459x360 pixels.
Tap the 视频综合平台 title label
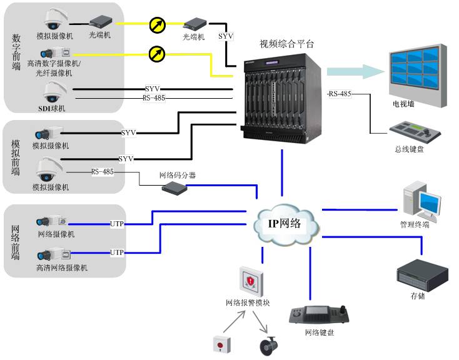[287, 44]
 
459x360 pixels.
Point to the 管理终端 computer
[423, 199]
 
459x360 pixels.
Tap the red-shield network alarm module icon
[249, 281]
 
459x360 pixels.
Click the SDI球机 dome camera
[53, 92]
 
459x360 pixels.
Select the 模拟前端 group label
[16, 156]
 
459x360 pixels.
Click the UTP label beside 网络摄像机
[117, 223]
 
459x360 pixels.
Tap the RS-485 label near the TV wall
[340, 94]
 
